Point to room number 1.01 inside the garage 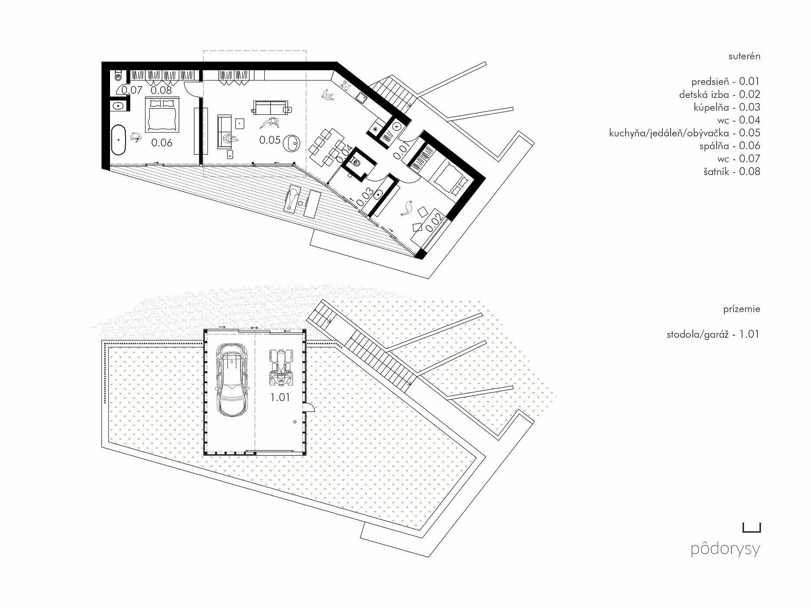pos(280,397)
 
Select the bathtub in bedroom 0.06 pos(119,140)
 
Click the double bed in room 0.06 pos(162,114)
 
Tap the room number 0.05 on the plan pos(269,140)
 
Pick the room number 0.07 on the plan pos(132,90)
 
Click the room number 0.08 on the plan pos(161,90)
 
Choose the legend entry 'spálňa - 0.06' pos(730,146)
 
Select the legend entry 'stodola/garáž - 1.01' pos(713,334)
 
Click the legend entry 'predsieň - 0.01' pos(726,81)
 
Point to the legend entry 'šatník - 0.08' pos(732,171)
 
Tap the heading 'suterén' pos(744,56)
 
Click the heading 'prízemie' pos(742,310)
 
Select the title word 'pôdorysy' pos(726,549)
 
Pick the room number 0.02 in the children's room pos(435,223)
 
